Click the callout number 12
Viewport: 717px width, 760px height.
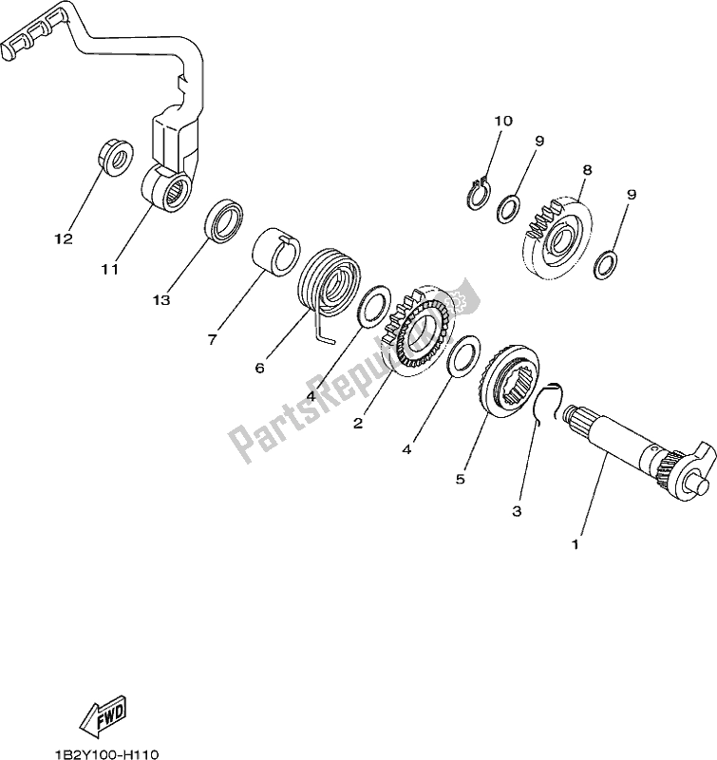pyautogui.click(x=63, y=239)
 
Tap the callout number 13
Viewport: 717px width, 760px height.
pyautogui.click(x=162, y=300)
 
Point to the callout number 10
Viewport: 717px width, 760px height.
pyautogui.click(x=502, y=121)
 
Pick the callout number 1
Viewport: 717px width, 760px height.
pyautogui.click(x=574, y=546)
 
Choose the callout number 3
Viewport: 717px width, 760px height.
pyautogui.click(x=517, y=511)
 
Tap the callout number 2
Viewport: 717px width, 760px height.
pyautogui.click(x=358, y=424)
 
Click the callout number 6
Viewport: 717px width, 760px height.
pyautogui.click(x=258, y=367)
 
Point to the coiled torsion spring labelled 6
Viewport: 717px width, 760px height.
pyautogui.click(x=328, y=281)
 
